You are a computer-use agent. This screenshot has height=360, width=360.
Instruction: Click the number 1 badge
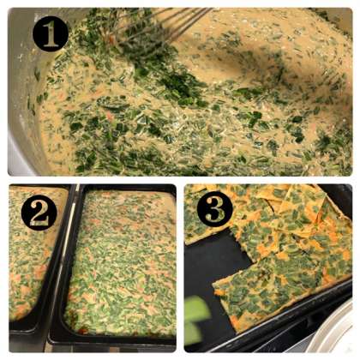pyautogui.click(x=51, y=33)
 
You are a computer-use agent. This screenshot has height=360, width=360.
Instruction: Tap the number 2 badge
pyautogui.click(x=39, y=213)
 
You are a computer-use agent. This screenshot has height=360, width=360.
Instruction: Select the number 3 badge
pyautogui.click(x=215, y=209)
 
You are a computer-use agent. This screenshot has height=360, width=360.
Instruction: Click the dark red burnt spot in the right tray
pyautogui.click(x=83, y=330)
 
